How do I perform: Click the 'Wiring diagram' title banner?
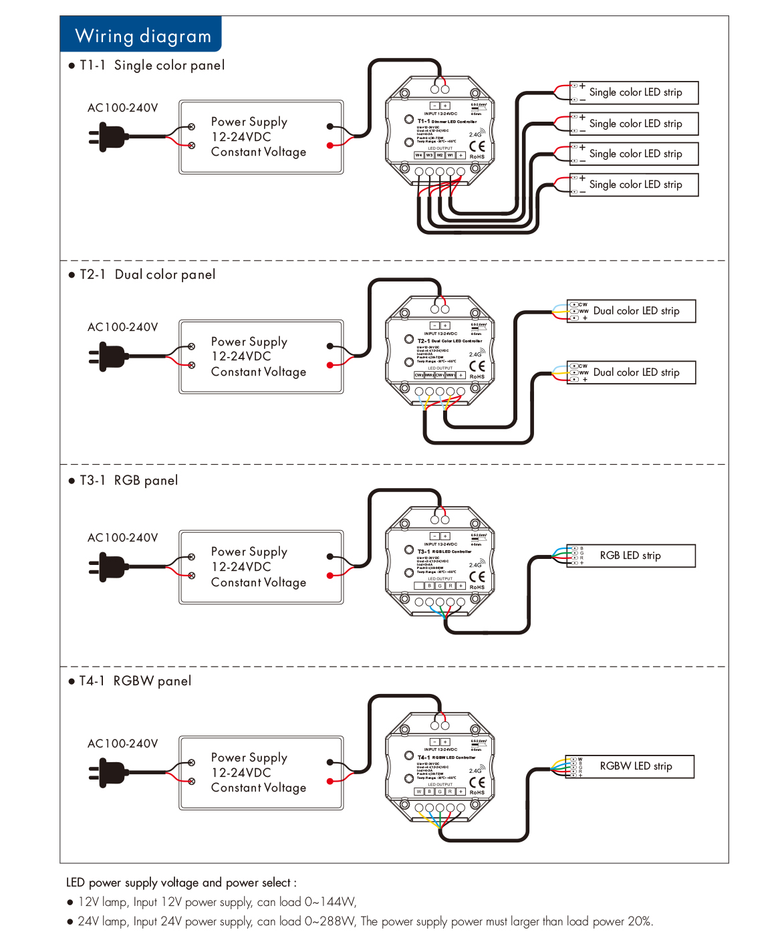[x=142, y=35]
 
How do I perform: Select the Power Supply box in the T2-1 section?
[x=261, y=356]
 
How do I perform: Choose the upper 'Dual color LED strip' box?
[x=632, y=311]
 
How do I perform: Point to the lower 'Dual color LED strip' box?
[x=632, y=372]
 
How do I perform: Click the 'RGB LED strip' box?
[x=630, y=556]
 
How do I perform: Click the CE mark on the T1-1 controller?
[x=477, y=146]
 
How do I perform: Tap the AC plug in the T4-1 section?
[x=107, y=773]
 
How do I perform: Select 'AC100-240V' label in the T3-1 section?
[x=123, y=538]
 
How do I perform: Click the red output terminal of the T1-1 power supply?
[x=330, y=145]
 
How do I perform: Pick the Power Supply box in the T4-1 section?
[x=261, y=773]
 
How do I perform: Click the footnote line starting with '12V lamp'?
[x=217, y=902]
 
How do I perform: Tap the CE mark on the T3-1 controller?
[x=477, y=576]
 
